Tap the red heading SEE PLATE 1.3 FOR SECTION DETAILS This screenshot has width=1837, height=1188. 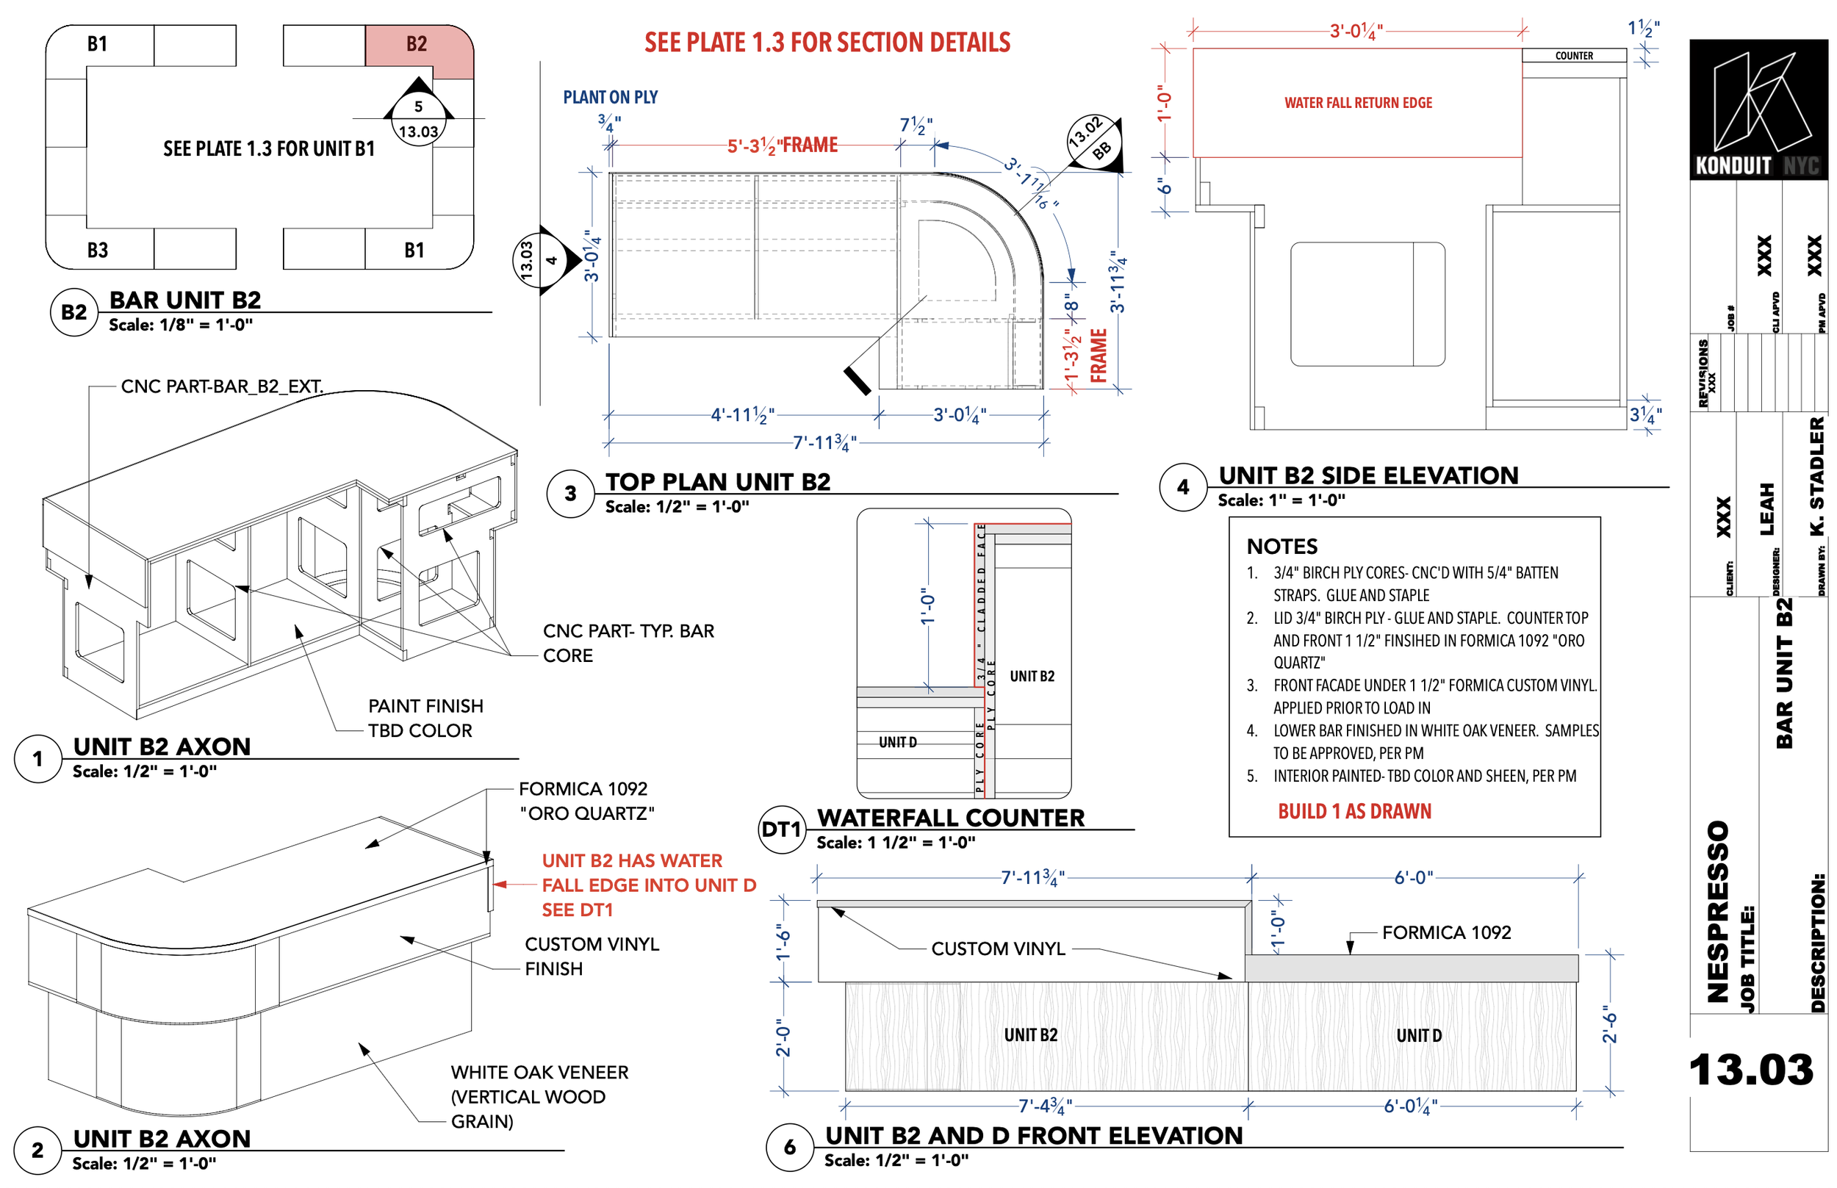pyautogui.click(x=827, y=43)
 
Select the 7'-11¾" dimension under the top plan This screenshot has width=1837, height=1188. pyautogui.click(x=823, y=443)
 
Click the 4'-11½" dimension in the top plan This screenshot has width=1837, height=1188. pyautogui.click(x=741, y=415)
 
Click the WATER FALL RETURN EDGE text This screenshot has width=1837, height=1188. pyautogui.click(x=1357, y=103)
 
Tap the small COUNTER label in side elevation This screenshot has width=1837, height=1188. pyautogui.click(x=1573, y=56)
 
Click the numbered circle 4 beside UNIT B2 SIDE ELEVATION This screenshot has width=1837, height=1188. pyautogui.click(x=1182, y=487)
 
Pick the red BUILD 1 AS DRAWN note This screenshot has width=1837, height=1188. pyautogui.click(x=1354, y=812)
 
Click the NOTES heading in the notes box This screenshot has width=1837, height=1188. pyautogui.click(x=1281, y=546)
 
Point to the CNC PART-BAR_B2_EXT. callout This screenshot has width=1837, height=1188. pyautogui.click(x=221, y=386)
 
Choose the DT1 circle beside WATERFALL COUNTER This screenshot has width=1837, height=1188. pyautogui.click(x=781, y=829)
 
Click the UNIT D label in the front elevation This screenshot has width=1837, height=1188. pyautogui.click(x=1418, y=1035)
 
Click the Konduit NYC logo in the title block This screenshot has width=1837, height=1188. pyautogui.click(x=1758, y=109)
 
